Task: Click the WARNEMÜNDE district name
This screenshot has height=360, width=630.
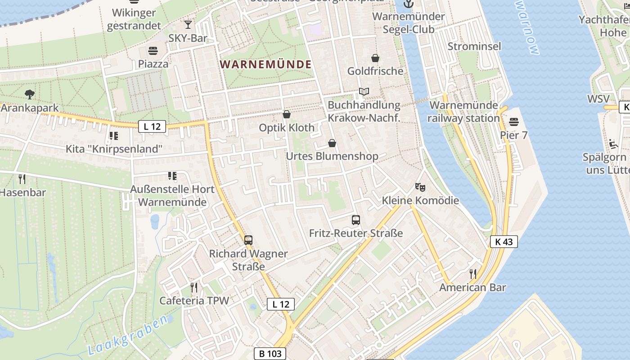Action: [x=266, y=64]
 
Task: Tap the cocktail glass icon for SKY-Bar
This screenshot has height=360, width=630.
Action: [x=188, y=24]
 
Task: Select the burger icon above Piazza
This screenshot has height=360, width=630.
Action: [x=153, y=50]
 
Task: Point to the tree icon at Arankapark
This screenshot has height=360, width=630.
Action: [x=30, y=94]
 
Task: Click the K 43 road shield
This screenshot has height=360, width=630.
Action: [x=504, y=242]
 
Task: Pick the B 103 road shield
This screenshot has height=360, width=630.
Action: [x=270, y=354]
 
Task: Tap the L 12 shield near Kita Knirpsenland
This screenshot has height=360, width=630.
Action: [x=152, y=126]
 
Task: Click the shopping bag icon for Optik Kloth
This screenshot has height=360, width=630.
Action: [x=287, y=114]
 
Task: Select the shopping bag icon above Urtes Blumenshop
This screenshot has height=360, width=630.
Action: [x=332, y=143]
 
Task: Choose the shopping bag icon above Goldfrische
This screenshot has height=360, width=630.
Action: [x=375, y=58]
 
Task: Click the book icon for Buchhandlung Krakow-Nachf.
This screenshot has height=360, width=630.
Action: [x=364, y=92]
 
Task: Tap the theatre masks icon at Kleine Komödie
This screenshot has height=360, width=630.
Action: [x=420, y=187]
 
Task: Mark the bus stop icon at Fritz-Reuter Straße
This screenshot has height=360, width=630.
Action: [x=356, y=220]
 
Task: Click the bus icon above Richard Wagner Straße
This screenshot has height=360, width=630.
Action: [x=248, y=240]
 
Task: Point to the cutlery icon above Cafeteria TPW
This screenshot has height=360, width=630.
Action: [x=194, y=287]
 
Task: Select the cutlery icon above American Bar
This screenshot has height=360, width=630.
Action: [x=473, y=274]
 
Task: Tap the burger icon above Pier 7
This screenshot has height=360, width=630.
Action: [x=514, y=122]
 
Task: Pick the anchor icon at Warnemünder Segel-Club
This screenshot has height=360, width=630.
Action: [x=409, y=4]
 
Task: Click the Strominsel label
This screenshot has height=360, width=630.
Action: [x=474, y=46]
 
